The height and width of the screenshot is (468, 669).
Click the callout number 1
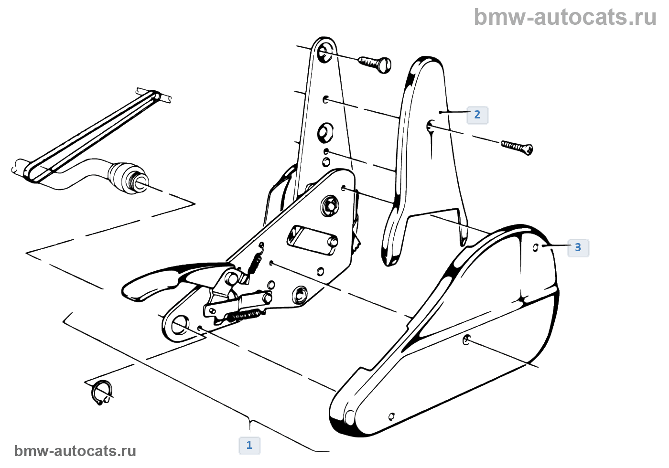(249, 445)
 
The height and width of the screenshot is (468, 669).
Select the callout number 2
(477, 115)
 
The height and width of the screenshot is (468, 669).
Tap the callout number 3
(578, 247)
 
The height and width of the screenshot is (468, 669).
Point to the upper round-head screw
(375, 64)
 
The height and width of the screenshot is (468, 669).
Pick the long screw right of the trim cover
(517, 147)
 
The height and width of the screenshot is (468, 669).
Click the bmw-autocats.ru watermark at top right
(565, 17)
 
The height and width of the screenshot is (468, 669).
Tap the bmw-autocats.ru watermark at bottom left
(75, 451)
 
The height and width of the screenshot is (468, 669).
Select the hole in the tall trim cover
(430, 126)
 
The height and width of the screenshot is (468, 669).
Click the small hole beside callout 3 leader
(536, 247)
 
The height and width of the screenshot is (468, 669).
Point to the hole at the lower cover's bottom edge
(392, 416)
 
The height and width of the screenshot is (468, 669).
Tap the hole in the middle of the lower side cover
(467, 340)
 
